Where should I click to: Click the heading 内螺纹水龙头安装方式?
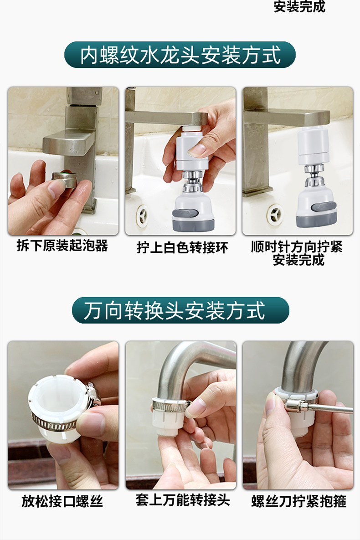click(x=180, y=55)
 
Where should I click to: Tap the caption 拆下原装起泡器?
click(x=62, y=246)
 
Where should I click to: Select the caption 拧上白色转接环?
click(x=182, y=247)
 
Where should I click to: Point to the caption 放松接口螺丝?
click(x=62, y=501)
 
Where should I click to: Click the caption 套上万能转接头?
click(x=182, y=500)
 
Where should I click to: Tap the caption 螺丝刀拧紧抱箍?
click(x=299, y=501)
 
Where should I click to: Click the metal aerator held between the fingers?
click(x=65, y=180)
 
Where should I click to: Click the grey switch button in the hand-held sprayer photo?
click(x=185, y=213)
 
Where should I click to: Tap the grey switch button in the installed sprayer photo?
click(x=324, y=206)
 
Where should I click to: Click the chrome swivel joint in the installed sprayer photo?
click(x=314, y=175)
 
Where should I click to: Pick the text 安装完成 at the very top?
click(x=299, y=6)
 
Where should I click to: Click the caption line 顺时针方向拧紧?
click(x=297, y=247)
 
